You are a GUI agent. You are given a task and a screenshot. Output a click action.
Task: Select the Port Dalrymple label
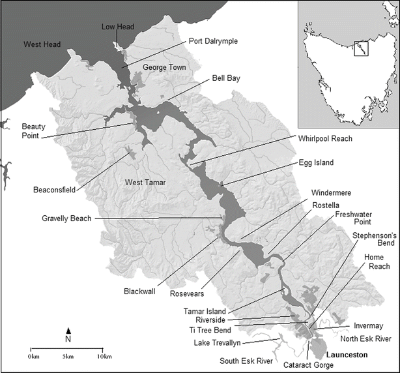pos(212,40)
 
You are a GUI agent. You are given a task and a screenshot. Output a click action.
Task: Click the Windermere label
pos(324,194)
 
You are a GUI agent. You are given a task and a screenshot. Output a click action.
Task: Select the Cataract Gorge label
pos(308,365)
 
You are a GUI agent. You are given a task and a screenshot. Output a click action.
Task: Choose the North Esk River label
pos(364,339)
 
